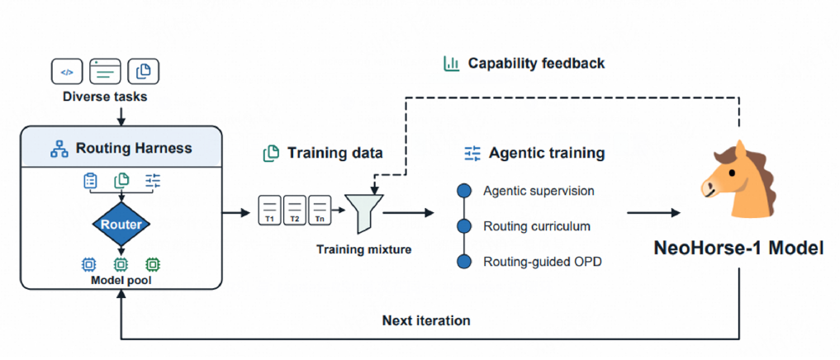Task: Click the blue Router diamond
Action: [x=121, y=225]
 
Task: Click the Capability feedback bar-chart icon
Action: [x=451, y=64]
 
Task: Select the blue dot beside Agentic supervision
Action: [x=464, y=191]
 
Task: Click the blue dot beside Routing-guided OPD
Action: [x=464, y=262]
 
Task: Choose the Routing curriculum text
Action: [x=537, y=226]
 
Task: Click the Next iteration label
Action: [x=426, y=321]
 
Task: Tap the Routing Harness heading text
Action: [x=134, y=148]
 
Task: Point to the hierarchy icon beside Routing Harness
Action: [x=59, y=149]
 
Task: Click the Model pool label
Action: [x=121, y=279]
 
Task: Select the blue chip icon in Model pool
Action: [x=88, y=263]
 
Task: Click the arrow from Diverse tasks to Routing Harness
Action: [x=121, y=115]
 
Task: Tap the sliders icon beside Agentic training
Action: [x=472, y=154]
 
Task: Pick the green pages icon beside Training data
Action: [x=271, y=154]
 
